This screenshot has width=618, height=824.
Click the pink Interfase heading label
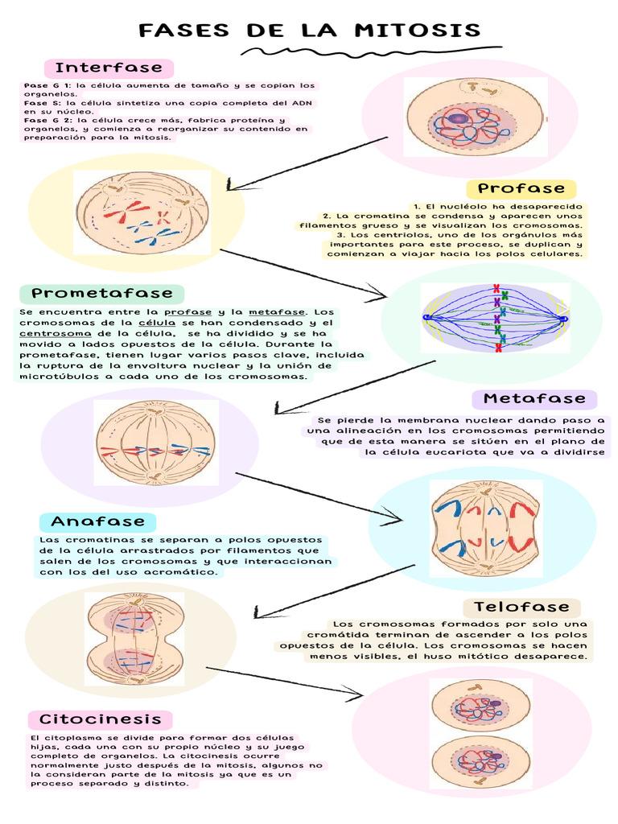[109, 68]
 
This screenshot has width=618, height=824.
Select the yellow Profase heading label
[521, 189]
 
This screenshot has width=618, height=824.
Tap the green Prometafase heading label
[102, 294]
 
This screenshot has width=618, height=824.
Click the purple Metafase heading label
[534, 399]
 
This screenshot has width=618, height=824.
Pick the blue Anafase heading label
[98, 521]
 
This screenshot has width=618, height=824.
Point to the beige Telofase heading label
[521, 607]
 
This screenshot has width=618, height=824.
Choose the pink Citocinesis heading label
[101, 719]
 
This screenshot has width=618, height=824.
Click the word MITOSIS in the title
[417, 31]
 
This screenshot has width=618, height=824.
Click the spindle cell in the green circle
[496, 319]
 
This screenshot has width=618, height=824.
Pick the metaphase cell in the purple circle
[155, 443]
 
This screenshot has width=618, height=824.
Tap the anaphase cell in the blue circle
[485, 527]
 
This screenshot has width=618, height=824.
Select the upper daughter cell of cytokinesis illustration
[480, 705]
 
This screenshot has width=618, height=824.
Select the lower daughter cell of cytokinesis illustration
[480, 760]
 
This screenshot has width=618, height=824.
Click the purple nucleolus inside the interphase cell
[459, 119]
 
